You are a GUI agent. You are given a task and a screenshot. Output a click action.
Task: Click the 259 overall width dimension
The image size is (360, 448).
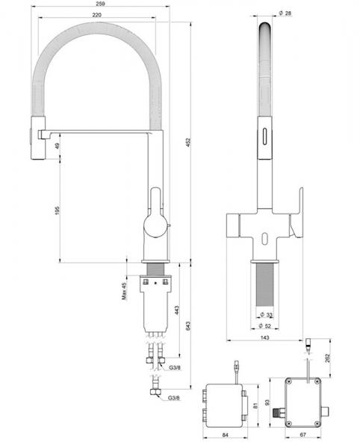click(x=100, y=4)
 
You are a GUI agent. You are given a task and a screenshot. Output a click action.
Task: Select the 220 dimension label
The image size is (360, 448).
click(x=97, y=15)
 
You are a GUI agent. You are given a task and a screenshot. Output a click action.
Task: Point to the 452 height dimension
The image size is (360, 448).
click(x=188, y=143)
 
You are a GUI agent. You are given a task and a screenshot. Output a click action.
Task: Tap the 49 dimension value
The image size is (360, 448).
click(x=58, y=146)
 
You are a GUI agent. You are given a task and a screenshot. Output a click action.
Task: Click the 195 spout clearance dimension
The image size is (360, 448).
click(x=58, y=211)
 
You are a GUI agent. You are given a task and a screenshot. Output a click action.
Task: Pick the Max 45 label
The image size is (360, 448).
click(x=124, y=291)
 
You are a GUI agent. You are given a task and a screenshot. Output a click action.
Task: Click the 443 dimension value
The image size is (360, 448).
click(x=177, y=311)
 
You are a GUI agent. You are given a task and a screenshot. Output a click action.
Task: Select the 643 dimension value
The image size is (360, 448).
click(x=188, y=326)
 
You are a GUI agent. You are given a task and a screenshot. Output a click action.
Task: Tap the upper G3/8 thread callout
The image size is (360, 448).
click(x=175, y=367)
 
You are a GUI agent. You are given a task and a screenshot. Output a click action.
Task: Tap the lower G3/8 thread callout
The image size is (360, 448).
click(x=173, y=398)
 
